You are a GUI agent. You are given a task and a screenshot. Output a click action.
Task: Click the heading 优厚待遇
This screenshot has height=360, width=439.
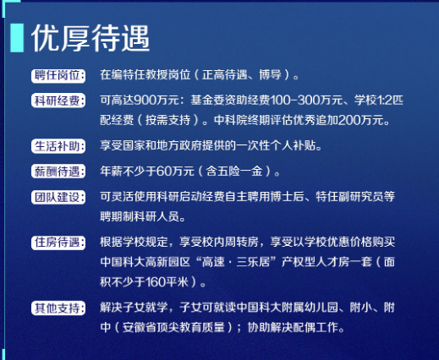click(91, 38)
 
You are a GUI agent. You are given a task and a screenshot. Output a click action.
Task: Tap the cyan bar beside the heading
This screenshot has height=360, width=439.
click(17, 38)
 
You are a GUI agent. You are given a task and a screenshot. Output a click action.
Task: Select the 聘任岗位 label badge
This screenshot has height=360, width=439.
click(58, 76)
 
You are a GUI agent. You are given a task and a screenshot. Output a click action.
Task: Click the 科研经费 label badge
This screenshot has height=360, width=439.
click(58, 101)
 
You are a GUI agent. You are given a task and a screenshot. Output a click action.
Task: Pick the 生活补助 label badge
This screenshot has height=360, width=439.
click(58, 146)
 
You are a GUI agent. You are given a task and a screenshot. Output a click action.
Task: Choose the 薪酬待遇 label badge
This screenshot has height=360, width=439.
click(58, 172)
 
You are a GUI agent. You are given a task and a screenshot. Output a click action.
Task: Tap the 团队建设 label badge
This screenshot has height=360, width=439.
click(58, 197)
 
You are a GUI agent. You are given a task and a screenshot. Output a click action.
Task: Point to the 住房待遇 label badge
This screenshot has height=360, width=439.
click(58, 243)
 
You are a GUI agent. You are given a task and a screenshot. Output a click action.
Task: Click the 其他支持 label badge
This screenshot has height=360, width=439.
click(58, 308)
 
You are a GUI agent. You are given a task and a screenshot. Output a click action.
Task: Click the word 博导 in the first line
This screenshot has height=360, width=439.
click(270, 75)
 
